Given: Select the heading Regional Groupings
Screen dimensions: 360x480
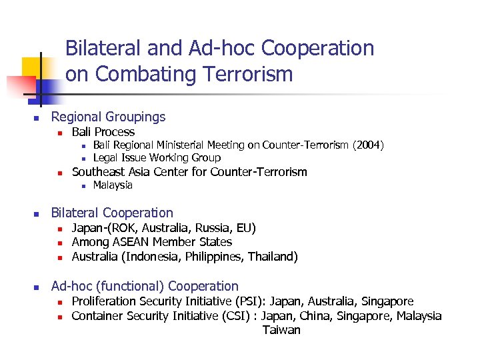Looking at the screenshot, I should coord(108,117).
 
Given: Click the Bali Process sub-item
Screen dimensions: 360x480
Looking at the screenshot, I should coord(103,131).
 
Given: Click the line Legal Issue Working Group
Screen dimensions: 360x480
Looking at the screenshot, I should coord(157,157).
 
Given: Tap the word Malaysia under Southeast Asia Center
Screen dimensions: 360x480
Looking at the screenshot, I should coord(113,185).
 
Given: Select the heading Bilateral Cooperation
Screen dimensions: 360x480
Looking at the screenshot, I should coord(112,213).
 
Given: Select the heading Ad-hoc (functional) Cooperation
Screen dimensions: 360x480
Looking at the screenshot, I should coord(145,286).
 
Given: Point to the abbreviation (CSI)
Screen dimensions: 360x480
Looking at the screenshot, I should coord(240,315).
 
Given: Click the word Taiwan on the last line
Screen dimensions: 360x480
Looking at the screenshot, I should coord(281,330).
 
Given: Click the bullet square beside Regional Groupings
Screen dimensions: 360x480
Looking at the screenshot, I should coord(37,118).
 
